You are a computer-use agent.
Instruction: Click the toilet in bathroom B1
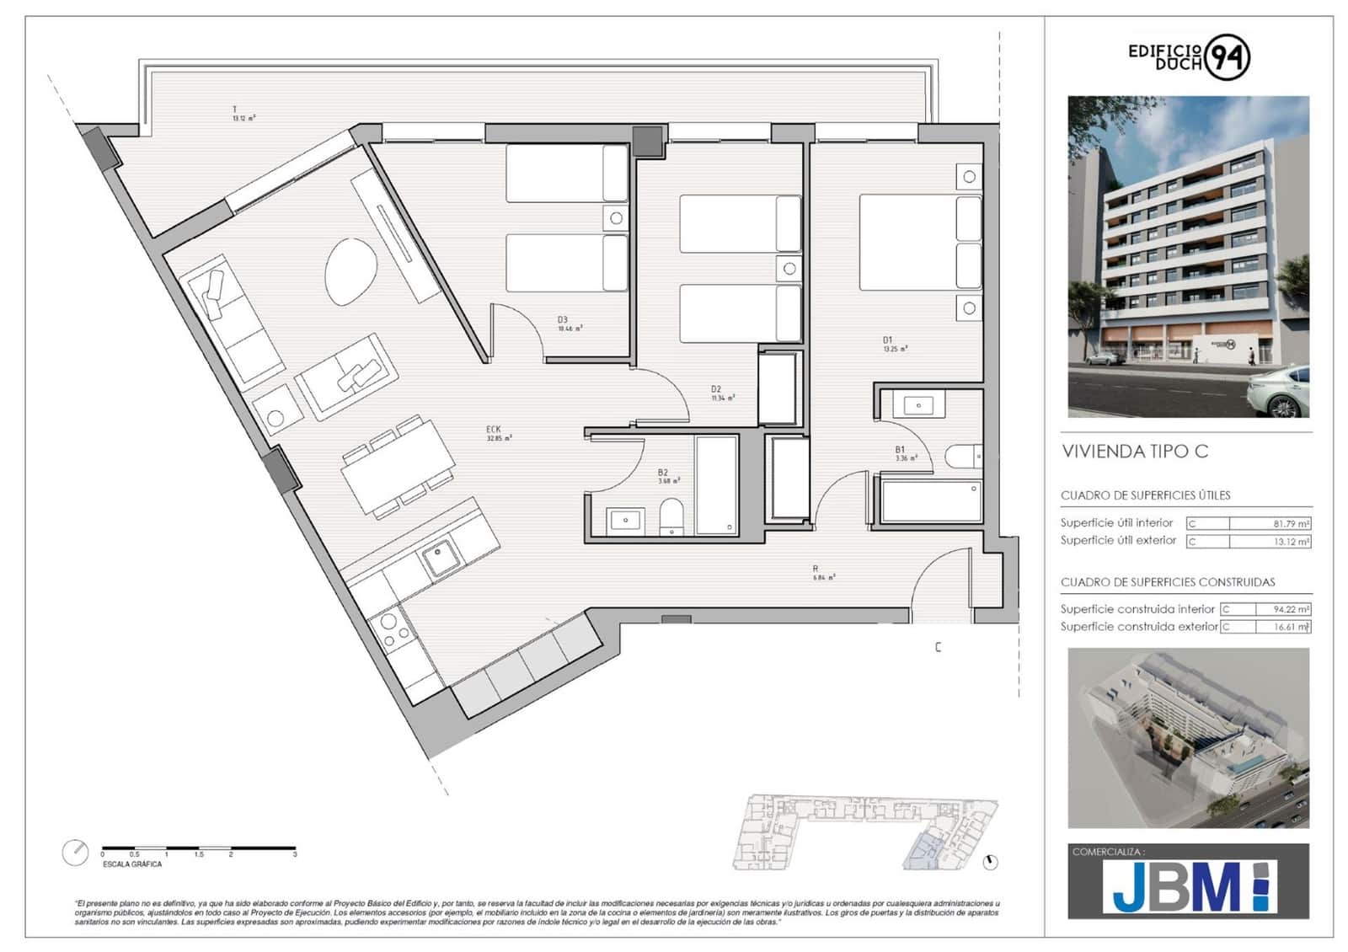(x=962, y=456)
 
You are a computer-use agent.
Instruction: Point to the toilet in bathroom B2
(x=671, y=516)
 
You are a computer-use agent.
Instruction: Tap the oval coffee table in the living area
(x=350, y=271)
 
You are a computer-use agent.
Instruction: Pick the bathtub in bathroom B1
(x=931, y=501)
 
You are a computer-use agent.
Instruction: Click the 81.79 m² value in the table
(x=1290, y=523)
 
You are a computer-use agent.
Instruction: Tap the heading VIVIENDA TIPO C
(x=1134, y=452)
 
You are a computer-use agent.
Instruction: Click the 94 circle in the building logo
(x=1228, y=57)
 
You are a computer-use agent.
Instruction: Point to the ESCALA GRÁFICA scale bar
(x=199, y=848)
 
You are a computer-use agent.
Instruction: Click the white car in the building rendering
(x=1278, y=393)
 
